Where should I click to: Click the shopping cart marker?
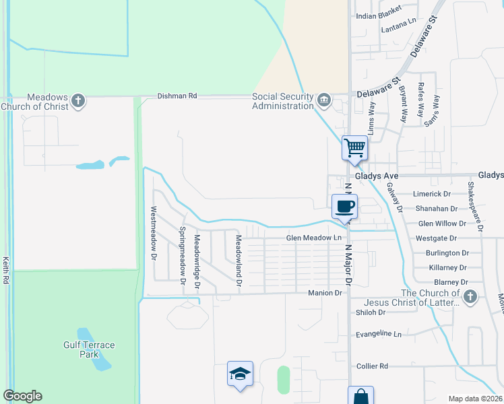354,147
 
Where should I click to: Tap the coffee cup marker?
344,206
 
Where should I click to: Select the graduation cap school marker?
240,374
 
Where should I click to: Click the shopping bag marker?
360,397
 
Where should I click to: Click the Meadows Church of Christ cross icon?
78,101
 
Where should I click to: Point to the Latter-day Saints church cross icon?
470,296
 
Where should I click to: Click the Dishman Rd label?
177,96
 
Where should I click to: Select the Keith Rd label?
5,269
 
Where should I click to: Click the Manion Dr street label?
325,293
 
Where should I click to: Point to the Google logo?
22,396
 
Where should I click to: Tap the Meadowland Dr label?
238,260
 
